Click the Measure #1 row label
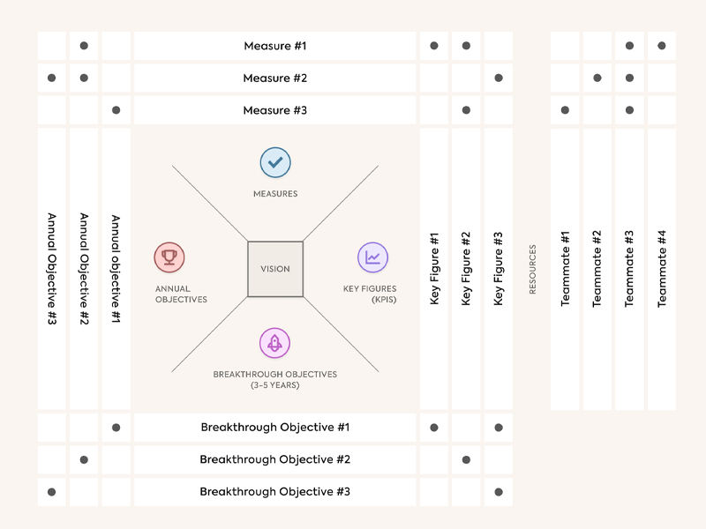click(x=274, y=46)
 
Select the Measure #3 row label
click(x=274, y=110)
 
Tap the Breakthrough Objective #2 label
click(x=274, y=459)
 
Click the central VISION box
click(x=275, y=269)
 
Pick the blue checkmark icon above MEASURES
click(x=275, y=162)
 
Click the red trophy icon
click(x=169, y=257)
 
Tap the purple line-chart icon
click(x=373, y=257)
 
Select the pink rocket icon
click(x=275, y=343)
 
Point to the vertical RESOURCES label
click(x=532, y=269)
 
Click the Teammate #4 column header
click(x=662, y=269)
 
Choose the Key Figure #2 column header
click(x=466, y=269)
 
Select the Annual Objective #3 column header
click(x=52, y=269)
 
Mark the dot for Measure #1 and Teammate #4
click(x=662, y=46)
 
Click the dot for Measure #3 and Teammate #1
click(x=565, y=110)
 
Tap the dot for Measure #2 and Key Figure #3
click(x=499, y=78)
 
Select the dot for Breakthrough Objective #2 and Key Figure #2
click(x=466, y=459)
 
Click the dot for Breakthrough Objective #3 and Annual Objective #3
click(x=52, y=491)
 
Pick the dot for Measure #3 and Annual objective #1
click(x=116, y=110)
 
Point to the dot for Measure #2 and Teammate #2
click(x=597, y=78)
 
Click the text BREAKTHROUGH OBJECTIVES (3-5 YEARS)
click(x=275, y=379)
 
